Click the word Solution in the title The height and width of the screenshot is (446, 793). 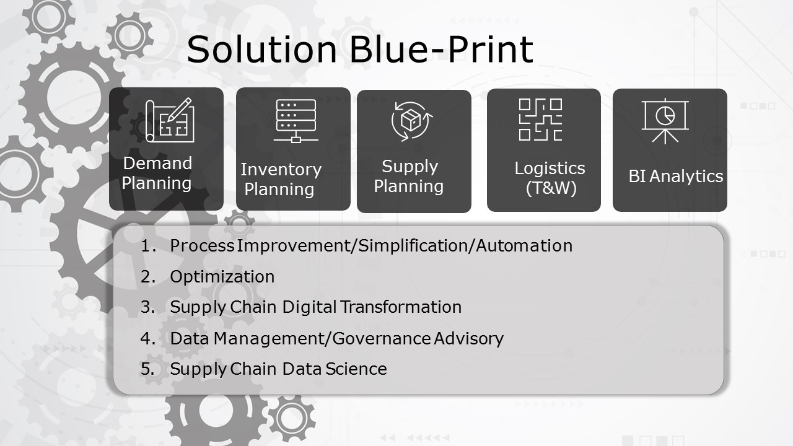261,49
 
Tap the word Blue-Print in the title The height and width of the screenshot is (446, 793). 442,49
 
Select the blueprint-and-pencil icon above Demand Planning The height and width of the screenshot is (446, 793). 170,120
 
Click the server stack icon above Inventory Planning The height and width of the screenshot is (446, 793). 296,121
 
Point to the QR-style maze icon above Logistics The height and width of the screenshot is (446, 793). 541,120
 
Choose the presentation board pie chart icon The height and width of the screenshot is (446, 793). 665,121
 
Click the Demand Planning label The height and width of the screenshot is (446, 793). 157,173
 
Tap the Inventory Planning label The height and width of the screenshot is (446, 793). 281,179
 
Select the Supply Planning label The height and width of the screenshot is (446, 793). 409,177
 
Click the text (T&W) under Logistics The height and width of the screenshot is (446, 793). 551,188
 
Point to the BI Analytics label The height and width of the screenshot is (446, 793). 675,176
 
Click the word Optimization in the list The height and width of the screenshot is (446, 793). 222,277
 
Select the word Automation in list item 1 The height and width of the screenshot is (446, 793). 524,246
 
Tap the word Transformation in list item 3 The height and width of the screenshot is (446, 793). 401,307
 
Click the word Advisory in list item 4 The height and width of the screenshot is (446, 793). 469,339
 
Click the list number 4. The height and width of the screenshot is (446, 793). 147,338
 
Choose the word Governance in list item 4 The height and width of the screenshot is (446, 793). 382,339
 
